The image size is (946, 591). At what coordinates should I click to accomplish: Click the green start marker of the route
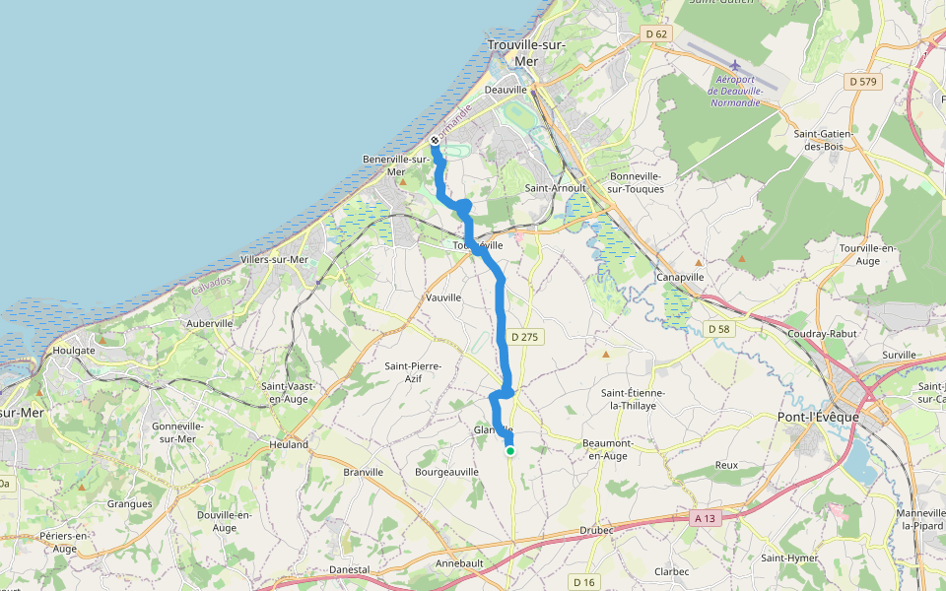(x=510, y=451)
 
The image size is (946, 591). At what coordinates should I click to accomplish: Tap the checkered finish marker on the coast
(x=435, y=140)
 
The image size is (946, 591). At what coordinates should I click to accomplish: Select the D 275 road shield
(x=525, y=337)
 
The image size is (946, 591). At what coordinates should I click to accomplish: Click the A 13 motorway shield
(x=704, y=518)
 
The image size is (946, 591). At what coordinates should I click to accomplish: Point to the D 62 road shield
(x=656, y=34)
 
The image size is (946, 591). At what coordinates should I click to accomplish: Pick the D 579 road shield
(x=862, y=82)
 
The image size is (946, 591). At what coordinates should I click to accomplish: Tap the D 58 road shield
(x=717, y=328)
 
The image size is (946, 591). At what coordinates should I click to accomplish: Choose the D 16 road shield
(x=584, y=581)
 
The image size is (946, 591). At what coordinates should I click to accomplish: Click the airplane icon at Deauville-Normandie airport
(x=735, y=66)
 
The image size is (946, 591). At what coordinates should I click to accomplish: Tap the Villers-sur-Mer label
(x=275, y=260)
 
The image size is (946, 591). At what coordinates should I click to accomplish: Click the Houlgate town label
(x=75, y=350)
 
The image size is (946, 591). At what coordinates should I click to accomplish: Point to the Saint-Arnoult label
(x=555, y=187)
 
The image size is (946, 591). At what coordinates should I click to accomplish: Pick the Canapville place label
(x=680, y=277)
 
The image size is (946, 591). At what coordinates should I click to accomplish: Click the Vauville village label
(x=442, y=297)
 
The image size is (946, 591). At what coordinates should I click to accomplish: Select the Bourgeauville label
(x=446, y=472)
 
